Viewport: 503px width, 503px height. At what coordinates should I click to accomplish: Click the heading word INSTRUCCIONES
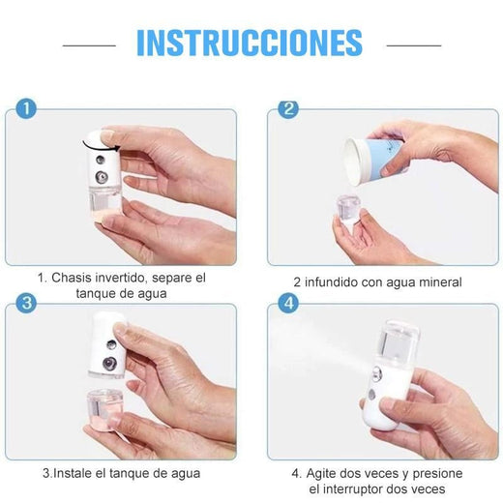tap(250, 43)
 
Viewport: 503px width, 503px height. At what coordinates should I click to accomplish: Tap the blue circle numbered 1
tap(26, 108)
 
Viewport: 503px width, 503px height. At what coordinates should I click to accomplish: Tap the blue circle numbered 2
tap(288, 108)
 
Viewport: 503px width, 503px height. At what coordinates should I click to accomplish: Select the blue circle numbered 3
tap(26, 303)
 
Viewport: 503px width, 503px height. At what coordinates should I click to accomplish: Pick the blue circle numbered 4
tap(288, 303)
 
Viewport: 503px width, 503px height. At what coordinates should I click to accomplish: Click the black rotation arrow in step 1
tap(101, 147)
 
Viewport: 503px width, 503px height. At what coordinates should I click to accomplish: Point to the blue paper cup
tap(374, 161)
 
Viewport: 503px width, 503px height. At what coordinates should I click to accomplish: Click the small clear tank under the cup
tap(348, 209)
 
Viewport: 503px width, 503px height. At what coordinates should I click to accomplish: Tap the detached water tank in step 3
tap(104, 409)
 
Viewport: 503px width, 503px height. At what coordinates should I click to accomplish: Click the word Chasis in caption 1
tap(70, 278)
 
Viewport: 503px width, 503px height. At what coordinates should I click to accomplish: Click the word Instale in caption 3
tap(73, 473)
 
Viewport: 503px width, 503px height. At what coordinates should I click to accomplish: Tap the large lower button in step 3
tap(109, 364)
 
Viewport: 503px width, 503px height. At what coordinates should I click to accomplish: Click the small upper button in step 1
tap(101, 160)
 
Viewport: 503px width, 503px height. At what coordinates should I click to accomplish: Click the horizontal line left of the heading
tap(89, 45)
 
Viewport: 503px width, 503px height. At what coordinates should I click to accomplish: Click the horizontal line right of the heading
tap(414, 45)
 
